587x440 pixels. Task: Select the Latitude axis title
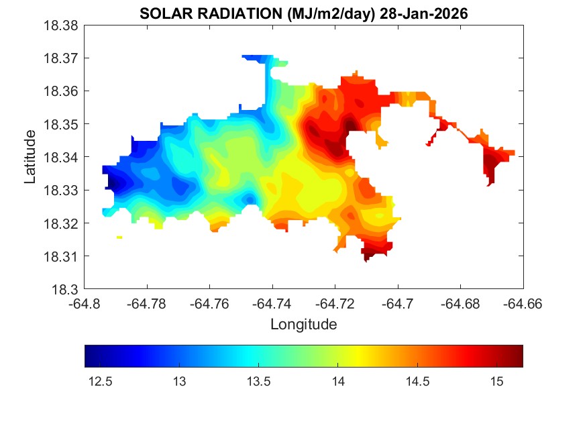point(30,157)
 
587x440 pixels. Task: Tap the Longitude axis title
point(303,325)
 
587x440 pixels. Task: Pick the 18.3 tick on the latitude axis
point(67,290)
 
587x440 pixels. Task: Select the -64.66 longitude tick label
point(523,304)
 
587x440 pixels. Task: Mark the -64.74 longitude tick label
point(272,304)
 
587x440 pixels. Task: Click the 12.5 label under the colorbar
point(101,382)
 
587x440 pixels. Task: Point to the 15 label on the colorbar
point(496,382)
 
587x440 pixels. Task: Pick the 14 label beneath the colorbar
point(338,382)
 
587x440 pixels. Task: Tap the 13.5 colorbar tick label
point(259,382)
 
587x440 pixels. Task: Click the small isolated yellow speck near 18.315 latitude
point(119,237)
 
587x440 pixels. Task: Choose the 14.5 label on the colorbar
point(417,382)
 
